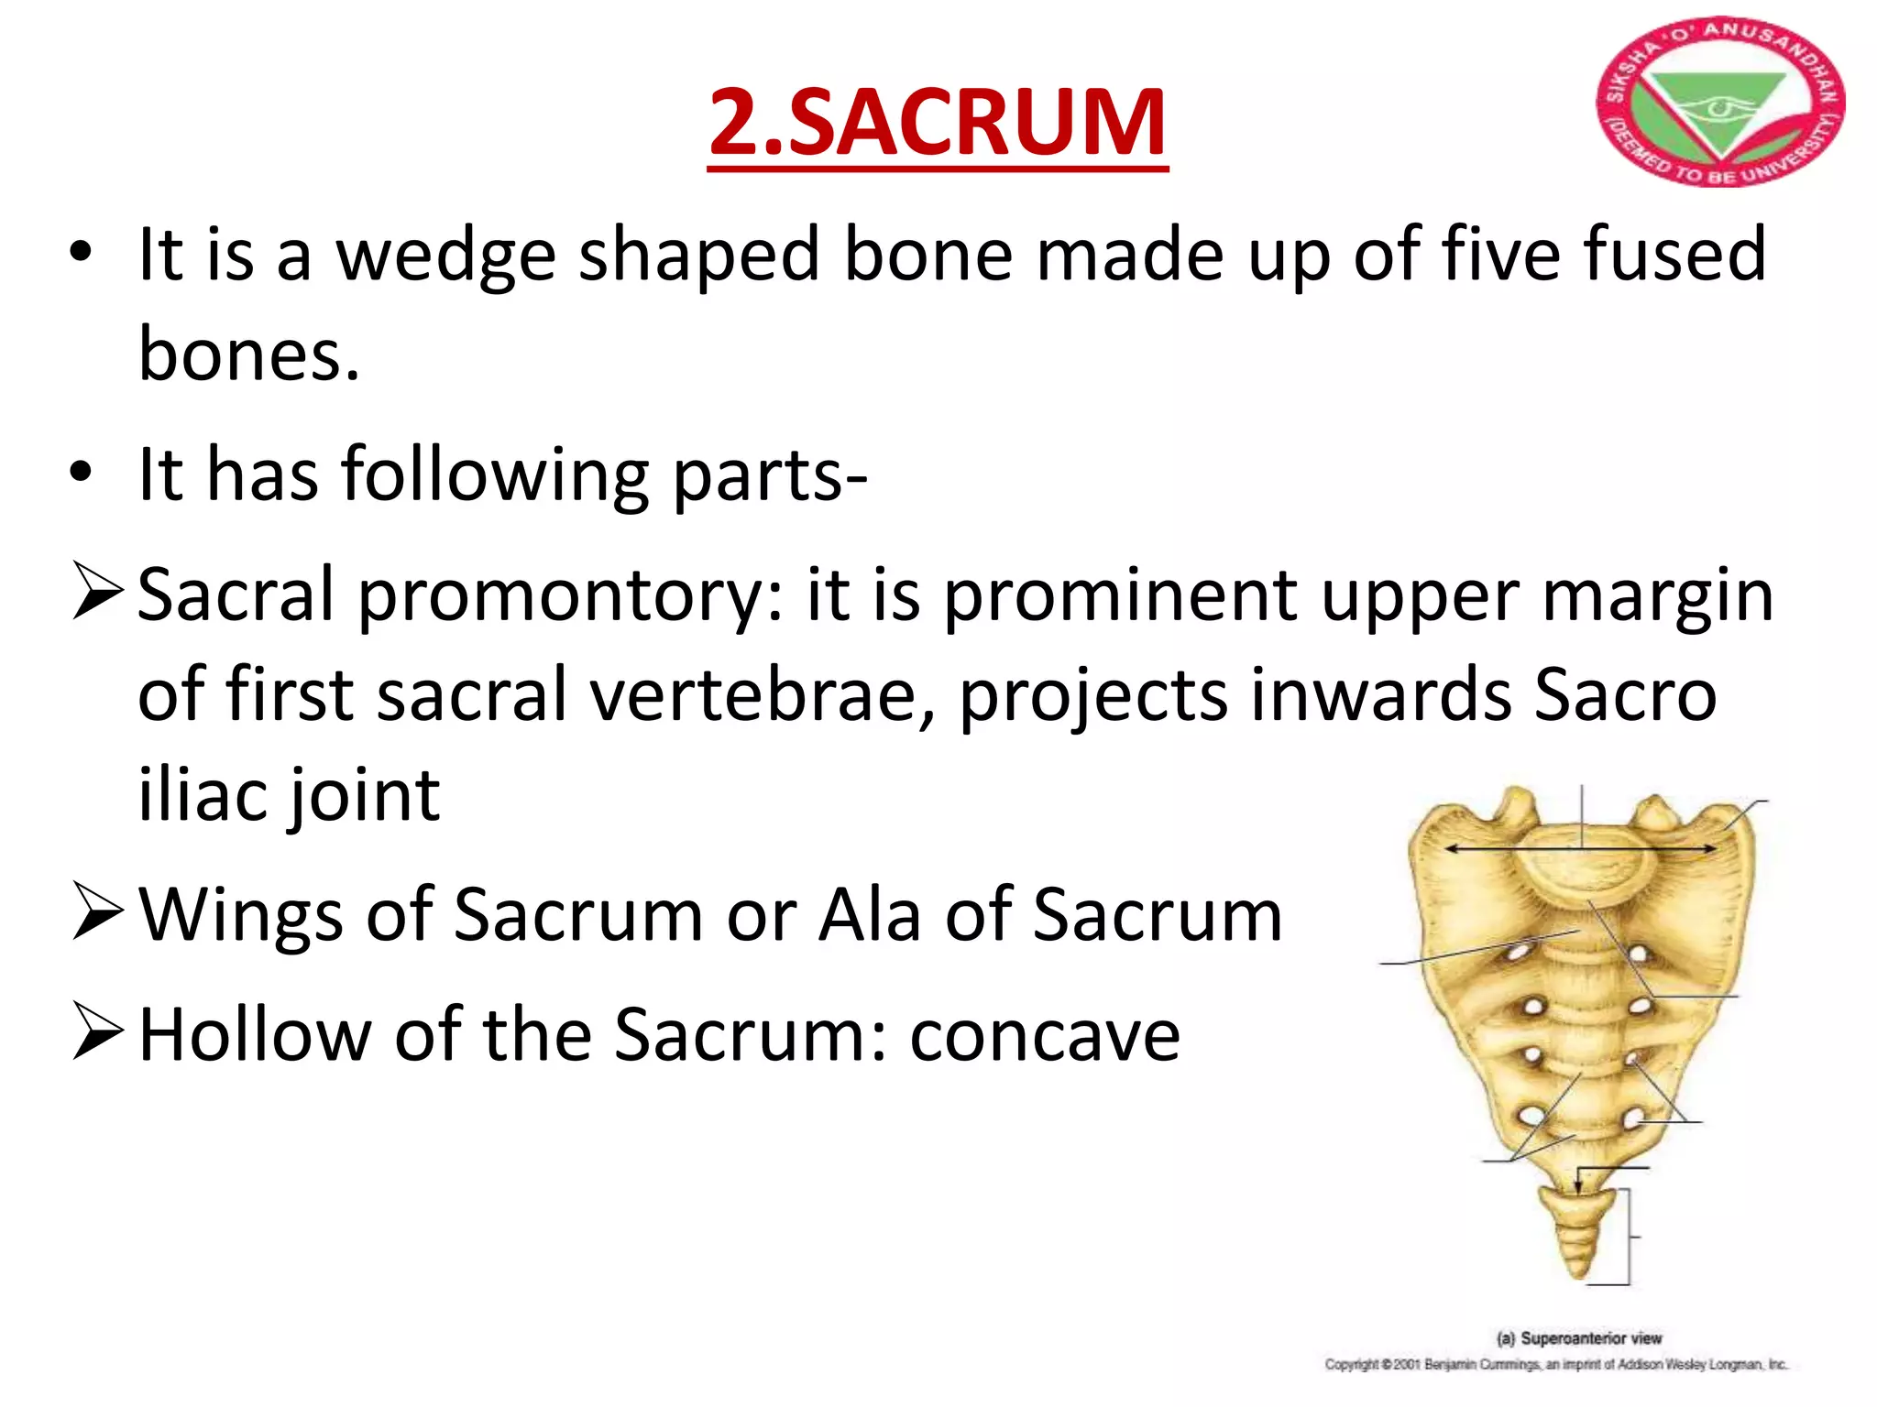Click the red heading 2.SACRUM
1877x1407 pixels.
[x=937, y=124]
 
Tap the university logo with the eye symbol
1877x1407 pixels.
[x=1720, y=103]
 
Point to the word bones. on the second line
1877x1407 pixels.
[x=248, y=354]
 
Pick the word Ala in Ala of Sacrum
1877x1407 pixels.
[x=870, y=916]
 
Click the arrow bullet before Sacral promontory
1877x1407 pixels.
[x=97, y=593]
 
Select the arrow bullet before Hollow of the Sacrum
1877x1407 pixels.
[x=97, y=1032]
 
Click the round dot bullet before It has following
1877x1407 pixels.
[x=81, y=474]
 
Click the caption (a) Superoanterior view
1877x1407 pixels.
[x=1578, y=1338]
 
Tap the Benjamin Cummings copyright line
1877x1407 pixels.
[x=1555, y=1365]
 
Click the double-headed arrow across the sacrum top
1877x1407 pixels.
[x=1580, y=849]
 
